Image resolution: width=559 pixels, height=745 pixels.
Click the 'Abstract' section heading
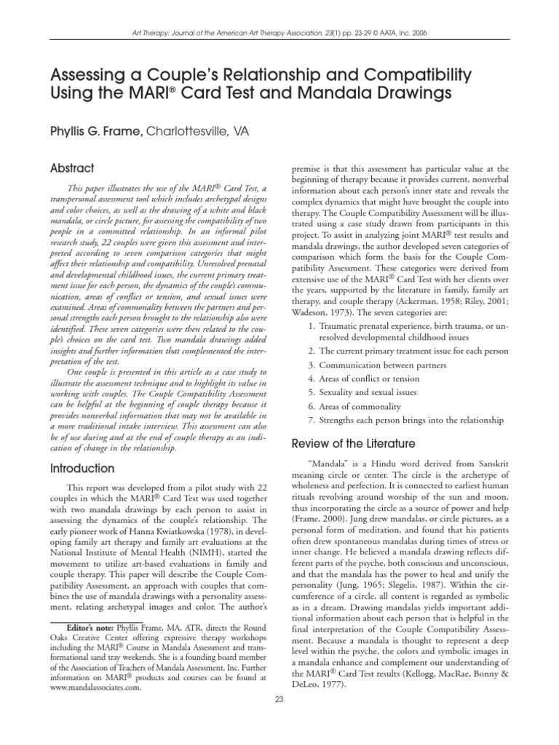[72, 168]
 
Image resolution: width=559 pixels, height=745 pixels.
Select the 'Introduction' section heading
[82, 469]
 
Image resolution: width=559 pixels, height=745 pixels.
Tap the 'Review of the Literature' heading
[353, 443]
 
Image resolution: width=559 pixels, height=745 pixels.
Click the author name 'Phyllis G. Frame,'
[96, 131]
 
